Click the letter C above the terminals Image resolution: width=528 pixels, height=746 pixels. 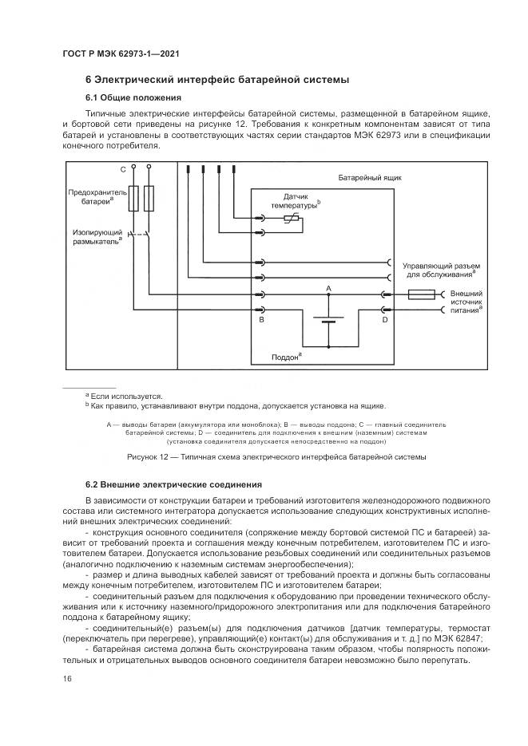[123, 171]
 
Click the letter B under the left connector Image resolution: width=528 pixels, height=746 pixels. [260, 320]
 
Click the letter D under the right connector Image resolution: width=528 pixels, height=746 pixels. [384, 320]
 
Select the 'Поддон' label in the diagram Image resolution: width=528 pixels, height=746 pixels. [286, 357]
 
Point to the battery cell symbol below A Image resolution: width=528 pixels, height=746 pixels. [328, 321]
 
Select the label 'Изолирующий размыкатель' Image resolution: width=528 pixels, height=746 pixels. [95, 237]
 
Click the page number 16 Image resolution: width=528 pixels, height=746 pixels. [67, 678]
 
